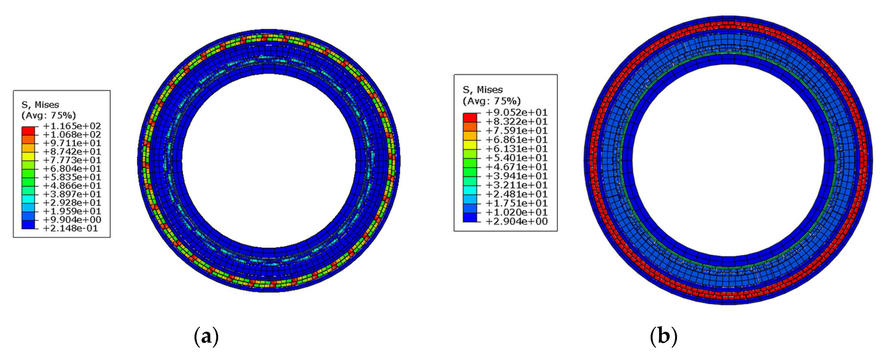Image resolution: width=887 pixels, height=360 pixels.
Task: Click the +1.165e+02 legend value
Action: point(72,126)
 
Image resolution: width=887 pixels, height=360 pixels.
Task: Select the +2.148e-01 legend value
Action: point(71,228)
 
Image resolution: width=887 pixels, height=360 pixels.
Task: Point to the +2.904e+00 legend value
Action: point(516,221)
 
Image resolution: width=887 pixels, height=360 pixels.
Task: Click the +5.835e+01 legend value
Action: point(72,177)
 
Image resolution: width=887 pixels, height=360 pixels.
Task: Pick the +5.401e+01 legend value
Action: point(516,158)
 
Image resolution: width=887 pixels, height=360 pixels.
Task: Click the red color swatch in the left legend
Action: point(28,131)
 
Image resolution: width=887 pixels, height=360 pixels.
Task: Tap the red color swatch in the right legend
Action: point(470,117)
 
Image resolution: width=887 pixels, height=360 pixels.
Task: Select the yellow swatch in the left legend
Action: point(28,156)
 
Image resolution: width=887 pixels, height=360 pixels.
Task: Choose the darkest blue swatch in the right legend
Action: point(470,217)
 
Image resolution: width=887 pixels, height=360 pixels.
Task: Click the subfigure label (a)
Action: point(206,337)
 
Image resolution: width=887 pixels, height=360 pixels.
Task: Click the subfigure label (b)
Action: point(663,337)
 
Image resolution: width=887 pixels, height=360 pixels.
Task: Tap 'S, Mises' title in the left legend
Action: point(40,105)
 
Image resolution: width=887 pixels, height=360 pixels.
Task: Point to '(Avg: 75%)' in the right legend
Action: point(491,101)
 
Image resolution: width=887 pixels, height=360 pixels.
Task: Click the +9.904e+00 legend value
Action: point(72,220)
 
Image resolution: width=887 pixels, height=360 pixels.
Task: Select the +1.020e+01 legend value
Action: point(516,212)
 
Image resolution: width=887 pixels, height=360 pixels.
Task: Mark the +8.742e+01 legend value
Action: point(72,152)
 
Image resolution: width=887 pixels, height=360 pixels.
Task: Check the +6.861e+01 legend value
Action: point(516,140)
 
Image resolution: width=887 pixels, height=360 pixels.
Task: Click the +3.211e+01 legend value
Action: point(516,185)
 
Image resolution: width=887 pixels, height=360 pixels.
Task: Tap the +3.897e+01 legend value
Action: point(72,194)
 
